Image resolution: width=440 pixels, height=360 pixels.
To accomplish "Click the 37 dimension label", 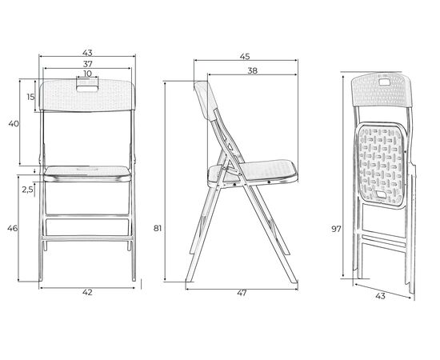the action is click(87, 64).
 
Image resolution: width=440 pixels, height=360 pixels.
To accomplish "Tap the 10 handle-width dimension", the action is click(87, 74).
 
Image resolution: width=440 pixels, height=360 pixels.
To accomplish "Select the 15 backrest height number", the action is click(30, 97).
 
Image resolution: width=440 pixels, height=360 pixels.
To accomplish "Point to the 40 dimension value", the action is click(14, 123).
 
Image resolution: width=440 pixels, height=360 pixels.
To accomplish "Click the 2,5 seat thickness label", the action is click(28, 190).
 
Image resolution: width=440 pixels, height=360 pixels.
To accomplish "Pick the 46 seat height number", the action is click(12, 229).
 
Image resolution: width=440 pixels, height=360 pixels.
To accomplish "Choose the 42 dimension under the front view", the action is click(87, 292).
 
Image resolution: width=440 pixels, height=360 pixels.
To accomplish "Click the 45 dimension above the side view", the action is click(245, 56).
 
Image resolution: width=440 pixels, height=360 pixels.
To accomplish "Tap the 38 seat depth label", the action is click(253, 70).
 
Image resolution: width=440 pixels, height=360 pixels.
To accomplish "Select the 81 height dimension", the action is click(158, 229).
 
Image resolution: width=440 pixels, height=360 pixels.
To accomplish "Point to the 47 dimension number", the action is click(242, 293).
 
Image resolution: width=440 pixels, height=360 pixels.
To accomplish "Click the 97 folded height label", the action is click(336, 229).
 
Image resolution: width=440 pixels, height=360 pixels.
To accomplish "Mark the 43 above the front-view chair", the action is click(87, 53).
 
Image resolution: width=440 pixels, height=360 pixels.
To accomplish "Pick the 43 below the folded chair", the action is click(380, 296).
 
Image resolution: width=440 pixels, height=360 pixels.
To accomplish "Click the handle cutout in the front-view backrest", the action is click(87, 89).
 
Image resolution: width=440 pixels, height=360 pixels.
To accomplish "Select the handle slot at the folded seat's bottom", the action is click(382, 194).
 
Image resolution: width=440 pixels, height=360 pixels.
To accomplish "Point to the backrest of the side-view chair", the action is click(206, 101).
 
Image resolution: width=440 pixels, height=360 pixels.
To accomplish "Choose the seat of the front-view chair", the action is click(87, 174).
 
